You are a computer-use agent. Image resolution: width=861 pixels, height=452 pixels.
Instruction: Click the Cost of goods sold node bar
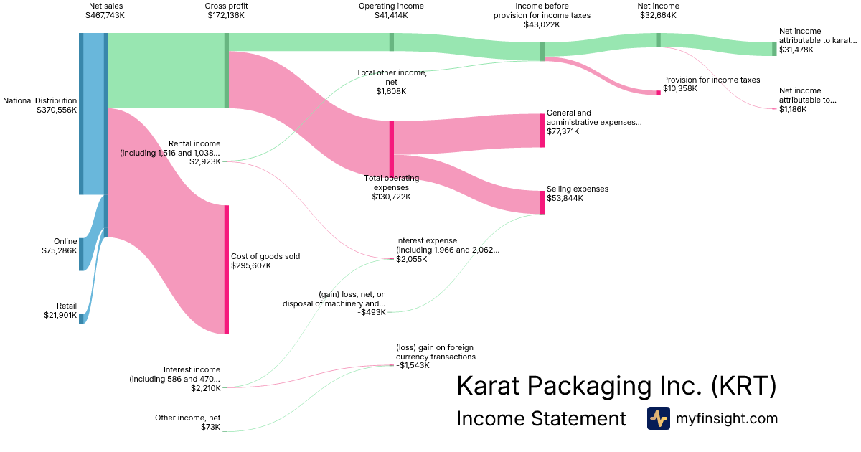(227, 269)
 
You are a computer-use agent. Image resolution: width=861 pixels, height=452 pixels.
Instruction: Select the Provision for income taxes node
(658, 93)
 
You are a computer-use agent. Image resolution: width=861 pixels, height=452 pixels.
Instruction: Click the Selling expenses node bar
(542, 202)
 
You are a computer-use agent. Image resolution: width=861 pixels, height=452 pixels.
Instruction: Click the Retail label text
(67, 306)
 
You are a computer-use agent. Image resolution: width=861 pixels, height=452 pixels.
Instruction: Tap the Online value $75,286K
(59, 251)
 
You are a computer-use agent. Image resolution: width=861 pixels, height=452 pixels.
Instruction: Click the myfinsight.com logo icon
(658, 418)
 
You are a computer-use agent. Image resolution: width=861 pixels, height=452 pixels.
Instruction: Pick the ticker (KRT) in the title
(743, 386)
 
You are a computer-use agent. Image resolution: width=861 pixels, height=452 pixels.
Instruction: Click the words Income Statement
(541, 418)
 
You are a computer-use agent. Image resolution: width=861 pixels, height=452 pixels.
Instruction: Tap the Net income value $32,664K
(658, 15)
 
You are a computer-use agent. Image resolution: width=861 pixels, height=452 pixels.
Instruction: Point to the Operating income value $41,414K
(391, 15)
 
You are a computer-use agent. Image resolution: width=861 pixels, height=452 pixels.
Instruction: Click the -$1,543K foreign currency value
(413, 365)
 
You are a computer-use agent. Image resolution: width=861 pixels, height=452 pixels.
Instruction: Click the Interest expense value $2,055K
(412, 259)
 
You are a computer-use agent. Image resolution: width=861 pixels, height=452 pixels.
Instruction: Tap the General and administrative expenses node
(542, 130)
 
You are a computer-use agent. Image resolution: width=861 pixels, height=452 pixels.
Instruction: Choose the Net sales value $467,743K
(105, 15)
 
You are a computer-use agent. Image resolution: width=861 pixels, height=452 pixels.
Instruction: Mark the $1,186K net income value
(793, 109)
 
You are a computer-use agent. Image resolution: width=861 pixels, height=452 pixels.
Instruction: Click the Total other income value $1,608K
(391, 91)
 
